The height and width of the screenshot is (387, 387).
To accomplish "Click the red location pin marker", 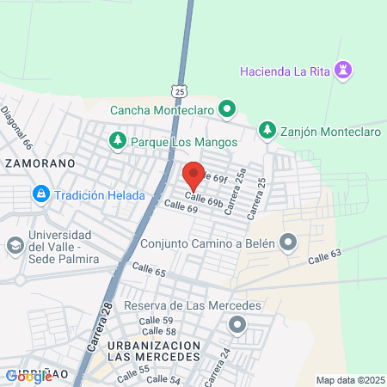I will tap(193, 175).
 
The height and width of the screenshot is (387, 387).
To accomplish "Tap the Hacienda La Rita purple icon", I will tap(346, 69).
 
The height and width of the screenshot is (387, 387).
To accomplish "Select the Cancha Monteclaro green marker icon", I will tap(227, 109).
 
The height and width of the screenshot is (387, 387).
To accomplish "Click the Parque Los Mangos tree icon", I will tap(117, 138).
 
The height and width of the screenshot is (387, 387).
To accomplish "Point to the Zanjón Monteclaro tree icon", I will tap(267, 131).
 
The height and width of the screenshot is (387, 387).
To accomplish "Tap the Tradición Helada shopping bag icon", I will tap(40, 195).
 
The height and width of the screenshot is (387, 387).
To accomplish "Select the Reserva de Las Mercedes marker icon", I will tap(236, 325).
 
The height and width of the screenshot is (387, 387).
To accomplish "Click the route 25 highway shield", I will tap(178, 90).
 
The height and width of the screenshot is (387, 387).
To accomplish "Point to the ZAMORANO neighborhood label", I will tap(40, 162).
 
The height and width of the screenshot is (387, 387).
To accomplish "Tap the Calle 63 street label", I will tap(324, 255).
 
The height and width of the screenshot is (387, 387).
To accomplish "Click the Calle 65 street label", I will tap(149, 271).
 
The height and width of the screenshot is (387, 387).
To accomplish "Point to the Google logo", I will tap(28, 376).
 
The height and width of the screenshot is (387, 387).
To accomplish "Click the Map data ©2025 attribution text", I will tap(350, 380).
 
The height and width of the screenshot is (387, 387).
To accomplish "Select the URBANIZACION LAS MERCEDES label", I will tap(155, 351).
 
